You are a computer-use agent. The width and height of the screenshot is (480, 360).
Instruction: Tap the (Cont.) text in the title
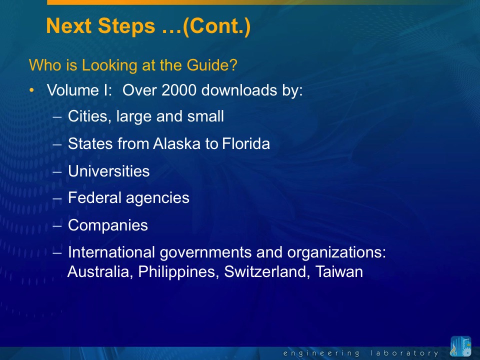[x=216, y=26]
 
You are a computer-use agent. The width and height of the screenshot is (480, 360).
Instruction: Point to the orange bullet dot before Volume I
[x=31, y=90]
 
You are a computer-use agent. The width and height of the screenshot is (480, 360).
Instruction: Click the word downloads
[x=239, y=90]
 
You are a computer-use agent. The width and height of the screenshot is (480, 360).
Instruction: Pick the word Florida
[x=246, y=143]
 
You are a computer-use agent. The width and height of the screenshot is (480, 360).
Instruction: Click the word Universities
[x=108, y=171]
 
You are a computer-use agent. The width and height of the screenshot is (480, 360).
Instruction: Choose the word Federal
[x=94, y=197]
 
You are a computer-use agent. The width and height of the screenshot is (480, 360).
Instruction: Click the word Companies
[x=108, y=225]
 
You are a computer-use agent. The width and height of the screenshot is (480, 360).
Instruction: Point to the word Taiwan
[x=339, y=272]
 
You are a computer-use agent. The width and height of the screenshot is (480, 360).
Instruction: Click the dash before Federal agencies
[x=57, y=198]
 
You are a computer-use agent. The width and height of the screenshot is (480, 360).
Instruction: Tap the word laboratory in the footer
[x=404, y=353]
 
